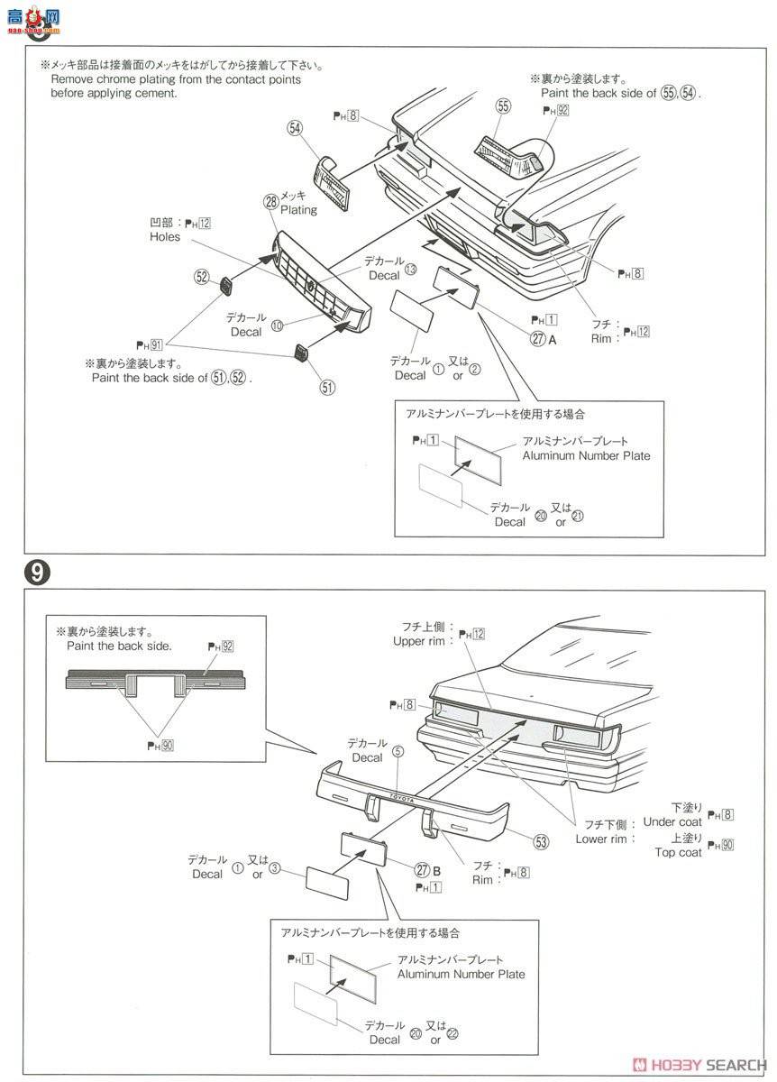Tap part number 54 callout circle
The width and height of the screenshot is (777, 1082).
(x=295, y=128)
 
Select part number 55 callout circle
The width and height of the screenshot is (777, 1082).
(x=503, y=107)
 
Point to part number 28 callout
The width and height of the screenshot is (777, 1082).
(x=270, y=202)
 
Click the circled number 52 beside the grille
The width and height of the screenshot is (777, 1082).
(x=201, y=278)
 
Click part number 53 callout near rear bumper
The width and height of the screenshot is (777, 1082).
(x=541, y=842)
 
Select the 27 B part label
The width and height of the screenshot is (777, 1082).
(x=427, y=870)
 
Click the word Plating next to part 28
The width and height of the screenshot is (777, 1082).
(x=298, y=210)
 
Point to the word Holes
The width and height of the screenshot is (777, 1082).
(x=165, y=237)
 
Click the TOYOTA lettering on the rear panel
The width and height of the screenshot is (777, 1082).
(x=401, y=798)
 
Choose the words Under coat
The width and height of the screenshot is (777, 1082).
(x=672, y=822)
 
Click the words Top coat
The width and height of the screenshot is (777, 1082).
(x=678, y=852)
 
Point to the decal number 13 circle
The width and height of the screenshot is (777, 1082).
(x=411, y=269)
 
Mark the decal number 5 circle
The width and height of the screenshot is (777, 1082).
(x=398, y=751)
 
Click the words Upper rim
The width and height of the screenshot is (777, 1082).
(x=420, y=641)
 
